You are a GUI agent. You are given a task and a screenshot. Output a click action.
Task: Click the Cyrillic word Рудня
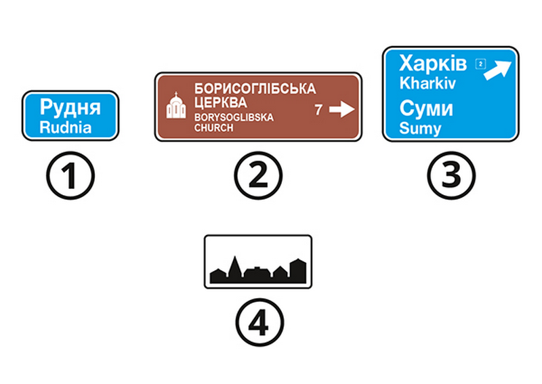tap(70, 108)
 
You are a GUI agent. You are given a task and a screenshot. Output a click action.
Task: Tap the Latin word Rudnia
tap(65, 127)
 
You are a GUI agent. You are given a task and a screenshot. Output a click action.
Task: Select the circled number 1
tap(70, 175)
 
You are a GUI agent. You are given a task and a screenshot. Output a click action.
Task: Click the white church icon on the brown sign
tap(176, 106)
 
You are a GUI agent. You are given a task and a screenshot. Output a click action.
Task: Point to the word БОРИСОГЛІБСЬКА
tap(255, 89)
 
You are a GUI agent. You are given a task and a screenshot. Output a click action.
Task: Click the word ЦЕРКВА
tap(221, 103)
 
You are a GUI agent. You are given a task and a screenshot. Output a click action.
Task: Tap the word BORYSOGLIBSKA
tap(234, 118)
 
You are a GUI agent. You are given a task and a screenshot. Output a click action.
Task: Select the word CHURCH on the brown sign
tap(213, 128)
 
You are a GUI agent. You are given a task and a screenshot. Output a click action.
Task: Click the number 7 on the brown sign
tap(318, 110)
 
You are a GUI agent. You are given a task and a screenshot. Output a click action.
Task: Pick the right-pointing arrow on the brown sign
tap(341, 110)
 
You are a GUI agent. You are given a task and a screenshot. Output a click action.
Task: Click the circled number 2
tap(258, 175)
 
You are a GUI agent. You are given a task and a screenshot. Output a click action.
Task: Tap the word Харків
tap(433, 63)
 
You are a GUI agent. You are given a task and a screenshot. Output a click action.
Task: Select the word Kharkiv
tap(428, 83)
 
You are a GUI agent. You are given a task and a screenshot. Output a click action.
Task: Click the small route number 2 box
tap(480, 64)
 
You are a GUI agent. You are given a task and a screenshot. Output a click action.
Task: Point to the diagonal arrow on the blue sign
tap(497, 70)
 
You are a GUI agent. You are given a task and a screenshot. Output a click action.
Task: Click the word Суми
tap(426, 108)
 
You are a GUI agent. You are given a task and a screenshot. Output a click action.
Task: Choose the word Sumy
tap(420, 129)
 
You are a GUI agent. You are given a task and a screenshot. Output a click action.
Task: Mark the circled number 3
tap(451, 175)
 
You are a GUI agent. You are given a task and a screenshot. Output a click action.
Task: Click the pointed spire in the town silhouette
tap(235, 264)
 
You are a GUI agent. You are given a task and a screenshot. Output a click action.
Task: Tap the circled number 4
tap(259, 322)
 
